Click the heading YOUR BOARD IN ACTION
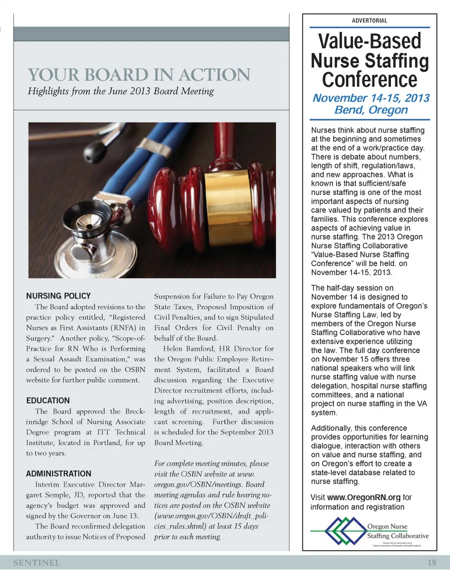(x=139, y=75)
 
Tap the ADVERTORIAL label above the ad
(x=369, y=21)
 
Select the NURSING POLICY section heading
(x=58, y=296)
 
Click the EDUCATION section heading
(x=48, y=400)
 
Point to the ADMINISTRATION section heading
(x=59, y=473)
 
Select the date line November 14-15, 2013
(x=370, y=98)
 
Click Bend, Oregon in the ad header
(x=370, y=110)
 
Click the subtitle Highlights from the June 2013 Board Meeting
(x=121, y=91)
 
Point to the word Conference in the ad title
(x=370, y=79)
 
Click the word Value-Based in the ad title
(x=370, y=41)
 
